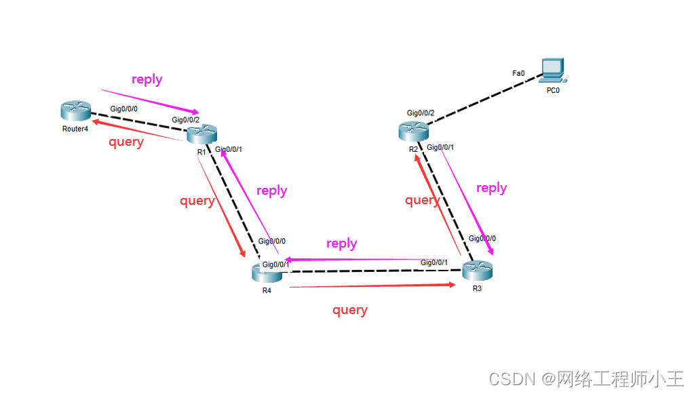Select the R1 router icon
tap(202, 134)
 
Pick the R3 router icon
tap(477, 271)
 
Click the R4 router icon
tap(267, 273)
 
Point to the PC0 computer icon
tap(553, 69)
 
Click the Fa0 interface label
tap(518, 73)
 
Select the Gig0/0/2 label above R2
tap(421, 113)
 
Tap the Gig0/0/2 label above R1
tap(186, 120)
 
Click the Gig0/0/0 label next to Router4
tap(124, 109)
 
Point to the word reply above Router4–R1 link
tap(147, 79)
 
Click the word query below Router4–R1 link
tap(126, 142)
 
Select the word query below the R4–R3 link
tap(350, 310)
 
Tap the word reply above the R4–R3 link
tap(342, 243)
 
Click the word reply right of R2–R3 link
tap(492, 188)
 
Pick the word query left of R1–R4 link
tap(197, 201)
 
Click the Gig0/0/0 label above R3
tap(482, 239)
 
